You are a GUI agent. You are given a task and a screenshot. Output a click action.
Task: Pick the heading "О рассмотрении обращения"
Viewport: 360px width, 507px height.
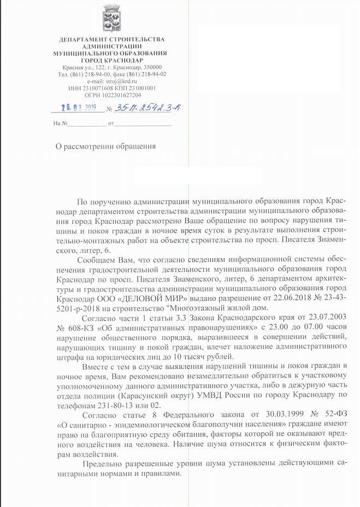coord(107,146)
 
